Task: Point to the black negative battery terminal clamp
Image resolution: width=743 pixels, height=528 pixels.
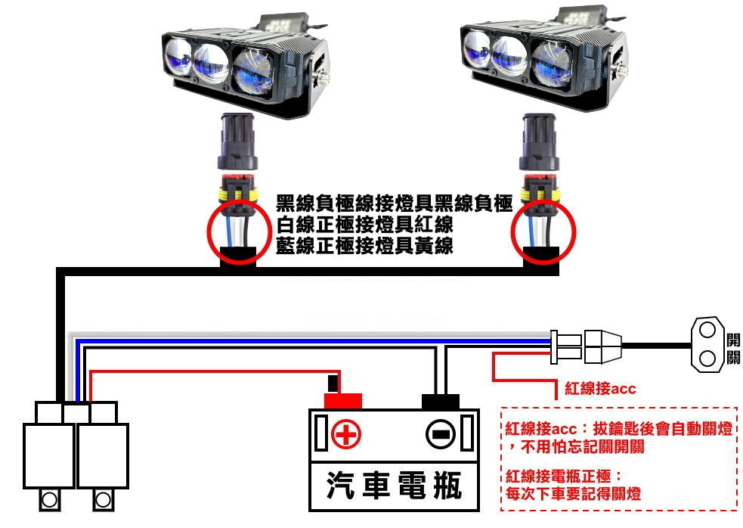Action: [441, 401]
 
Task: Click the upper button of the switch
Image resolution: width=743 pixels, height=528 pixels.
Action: [707, 331]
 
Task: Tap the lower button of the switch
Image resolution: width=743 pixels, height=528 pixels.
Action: [707, 357]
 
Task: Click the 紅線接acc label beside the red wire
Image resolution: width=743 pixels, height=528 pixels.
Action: [600, 389]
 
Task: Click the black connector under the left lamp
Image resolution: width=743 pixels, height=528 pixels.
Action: [237, 142]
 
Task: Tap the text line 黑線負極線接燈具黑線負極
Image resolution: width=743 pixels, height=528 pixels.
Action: [394, 203]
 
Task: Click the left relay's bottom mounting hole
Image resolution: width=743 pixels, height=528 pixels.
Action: [49, 499]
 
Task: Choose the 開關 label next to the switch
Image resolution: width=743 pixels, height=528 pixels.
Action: [732, 347]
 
